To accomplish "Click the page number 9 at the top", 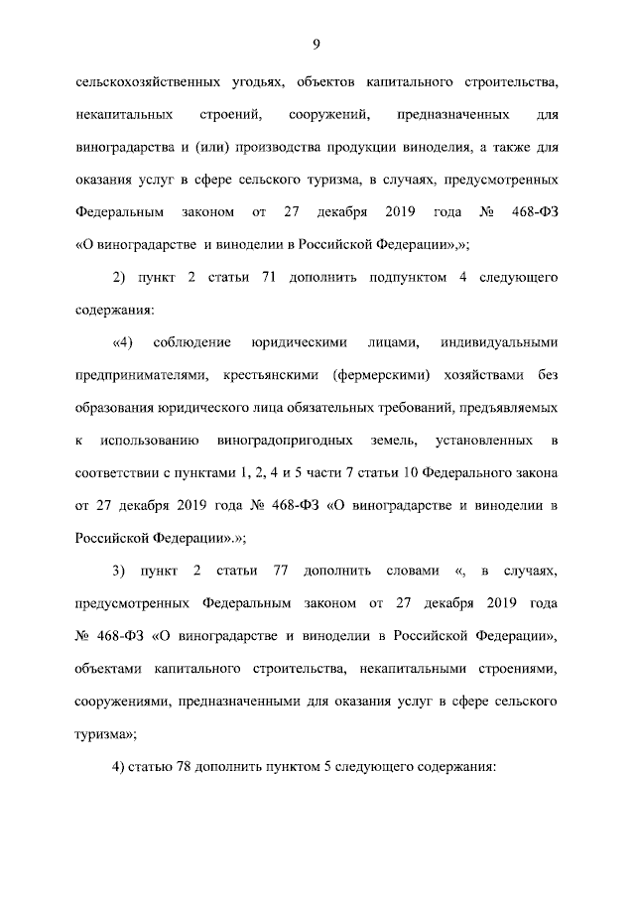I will pyautogui.click(x=316, y=43).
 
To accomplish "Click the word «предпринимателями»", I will pyautogui.click(x=142, y=375).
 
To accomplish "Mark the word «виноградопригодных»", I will pyautogui.click(x=281, y=440).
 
